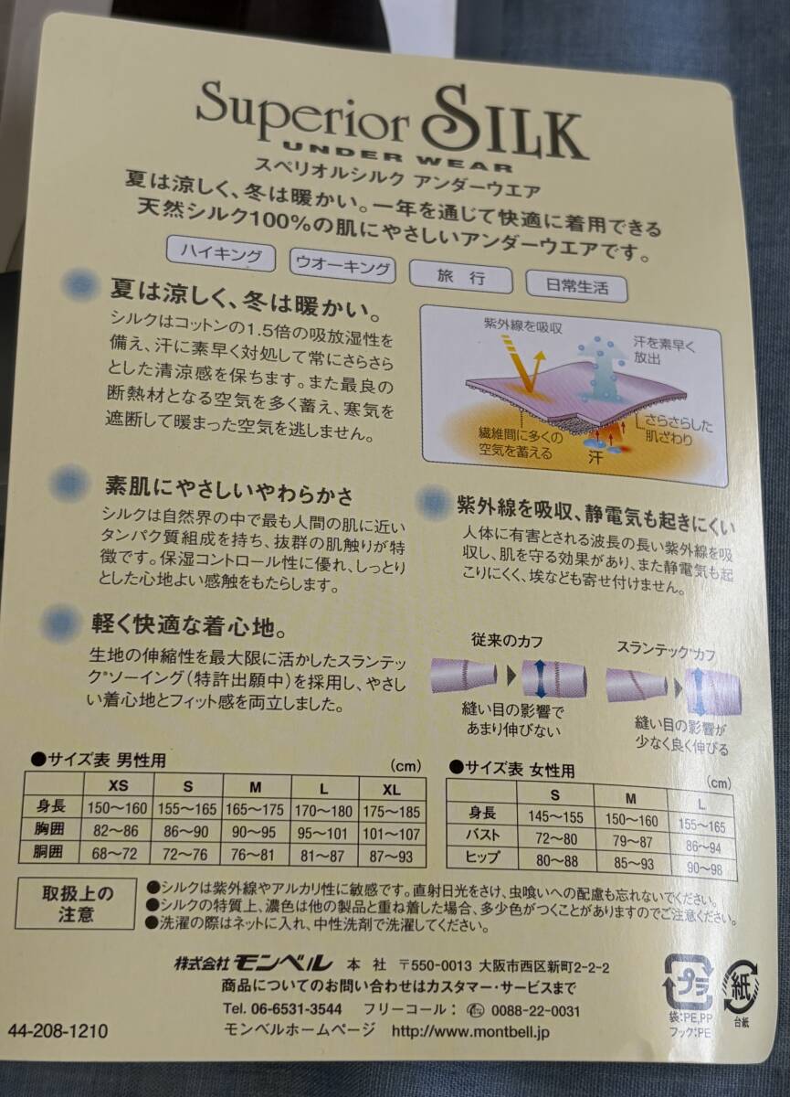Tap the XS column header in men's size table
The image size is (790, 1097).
coord(118,785)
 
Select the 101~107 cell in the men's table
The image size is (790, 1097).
coord(392,833)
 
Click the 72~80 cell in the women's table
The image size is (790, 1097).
coord(555,838)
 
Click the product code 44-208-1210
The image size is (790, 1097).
coord(58,1031)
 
